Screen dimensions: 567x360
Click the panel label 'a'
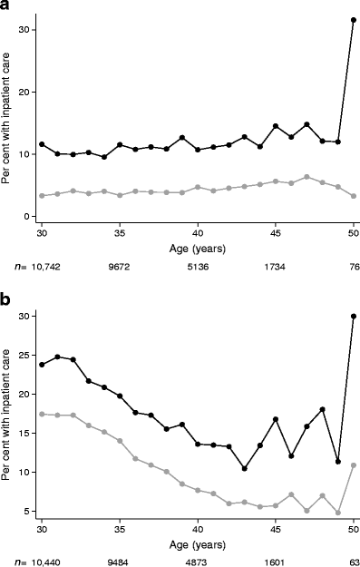point(6,7)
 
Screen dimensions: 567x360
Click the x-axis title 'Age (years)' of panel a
point(197,248)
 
